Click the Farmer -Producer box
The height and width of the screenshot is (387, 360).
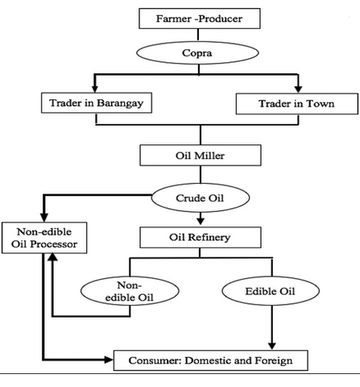pyautogui.click(x=200, y=19)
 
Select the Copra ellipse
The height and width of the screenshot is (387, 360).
pyautogui.click(x=197, y=53)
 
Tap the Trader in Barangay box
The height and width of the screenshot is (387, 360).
pyautogui.click(x=97, y=103)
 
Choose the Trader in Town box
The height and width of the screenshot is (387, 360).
pyautogui.click(x=297, y=104)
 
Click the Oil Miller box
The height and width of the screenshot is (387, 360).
pyautogui.click(x=201, y=156)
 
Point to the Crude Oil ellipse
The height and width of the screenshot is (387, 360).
pyautogui.click(x=201, y=198)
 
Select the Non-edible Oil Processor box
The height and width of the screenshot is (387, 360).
pyautogui.click(x=44, y=238)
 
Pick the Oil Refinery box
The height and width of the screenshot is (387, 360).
pyautogui.click(x=201, y=237)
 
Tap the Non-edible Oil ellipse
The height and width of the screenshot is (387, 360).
pyautogui.click(x=130, y=291)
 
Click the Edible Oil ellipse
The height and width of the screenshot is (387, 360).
pyautogui.click(x=271, y=291)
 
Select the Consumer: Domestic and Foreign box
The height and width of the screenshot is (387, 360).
pyautogui.click(x=211, y=360)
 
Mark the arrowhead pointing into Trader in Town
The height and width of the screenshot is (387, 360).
pyautogui.click(x=298, y=89)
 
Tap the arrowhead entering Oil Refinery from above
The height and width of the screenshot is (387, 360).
pyautogui.click(x=201, y=221)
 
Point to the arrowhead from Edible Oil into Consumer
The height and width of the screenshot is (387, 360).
pyautogui.click(x=272, y=346)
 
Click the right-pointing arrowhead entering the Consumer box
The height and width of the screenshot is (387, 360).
pyautogui.click(x=109, y=360)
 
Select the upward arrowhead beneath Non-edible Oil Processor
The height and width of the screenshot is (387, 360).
pyautogui.click(x=53, y=257)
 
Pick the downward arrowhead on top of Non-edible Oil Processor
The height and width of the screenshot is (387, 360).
pyautogui.click(x=44, y=218)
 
